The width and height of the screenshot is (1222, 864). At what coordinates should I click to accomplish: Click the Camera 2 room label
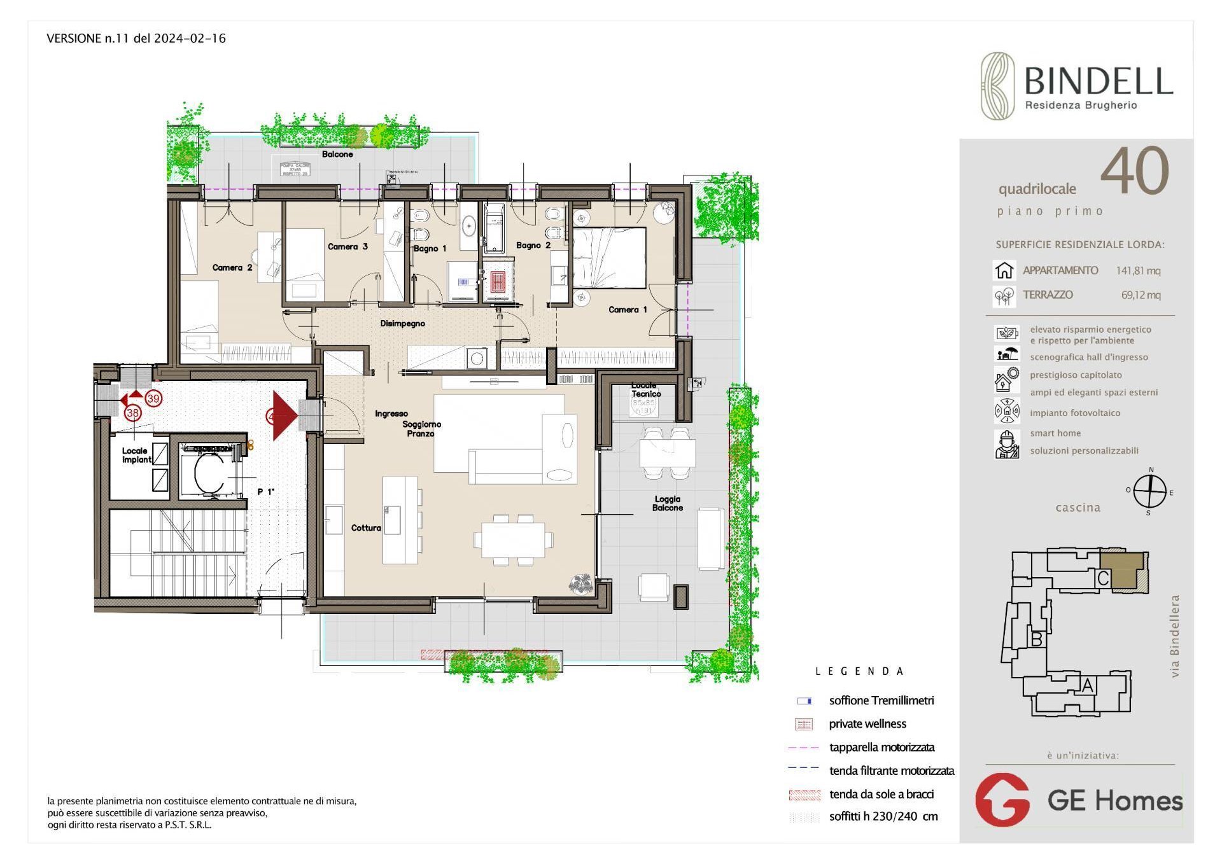[x=232, y=268]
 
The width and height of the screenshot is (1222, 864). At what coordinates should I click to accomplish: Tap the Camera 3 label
[x=348, y=247]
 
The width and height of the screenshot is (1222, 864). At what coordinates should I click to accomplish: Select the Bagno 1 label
[x=430, y=249]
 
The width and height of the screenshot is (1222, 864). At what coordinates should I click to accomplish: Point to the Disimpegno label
[x=402, y=324]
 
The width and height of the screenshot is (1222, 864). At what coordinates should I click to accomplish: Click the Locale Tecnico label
[x=645, y=389]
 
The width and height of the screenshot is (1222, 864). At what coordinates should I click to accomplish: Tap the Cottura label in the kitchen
[x=366, y=528]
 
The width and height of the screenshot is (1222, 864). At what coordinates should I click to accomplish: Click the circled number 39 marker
[x=153, y=399]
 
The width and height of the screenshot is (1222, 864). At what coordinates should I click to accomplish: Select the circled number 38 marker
[x=132, y=413]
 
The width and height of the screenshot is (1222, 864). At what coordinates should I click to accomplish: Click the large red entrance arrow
[x=284, y=415]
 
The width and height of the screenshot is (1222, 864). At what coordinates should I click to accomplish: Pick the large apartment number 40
[x=1134, y=171]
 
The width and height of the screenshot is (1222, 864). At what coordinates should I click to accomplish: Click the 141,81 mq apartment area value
[x=1138, y=271]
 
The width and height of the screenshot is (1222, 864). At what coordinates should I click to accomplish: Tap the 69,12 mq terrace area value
[x=1141, y=295]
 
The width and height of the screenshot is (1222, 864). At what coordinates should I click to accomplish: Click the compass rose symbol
[x=1149, y=492]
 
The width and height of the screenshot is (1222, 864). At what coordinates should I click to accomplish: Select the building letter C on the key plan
[x=1103, y=578]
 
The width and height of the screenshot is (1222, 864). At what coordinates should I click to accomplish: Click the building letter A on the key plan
[x=1088, y=685]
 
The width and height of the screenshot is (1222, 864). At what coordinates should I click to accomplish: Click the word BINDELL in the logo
[x=1099, y=81]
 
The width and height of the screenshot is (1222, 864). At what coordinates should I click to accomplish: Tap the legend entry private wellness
[x=867, y=724]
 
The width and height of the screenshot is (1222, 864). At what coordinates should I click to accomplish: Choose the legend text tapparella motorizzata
[x=881, y=748]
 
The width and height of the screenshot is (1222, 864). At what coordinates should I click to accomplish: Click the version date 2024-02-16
[x=190, y=39]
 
